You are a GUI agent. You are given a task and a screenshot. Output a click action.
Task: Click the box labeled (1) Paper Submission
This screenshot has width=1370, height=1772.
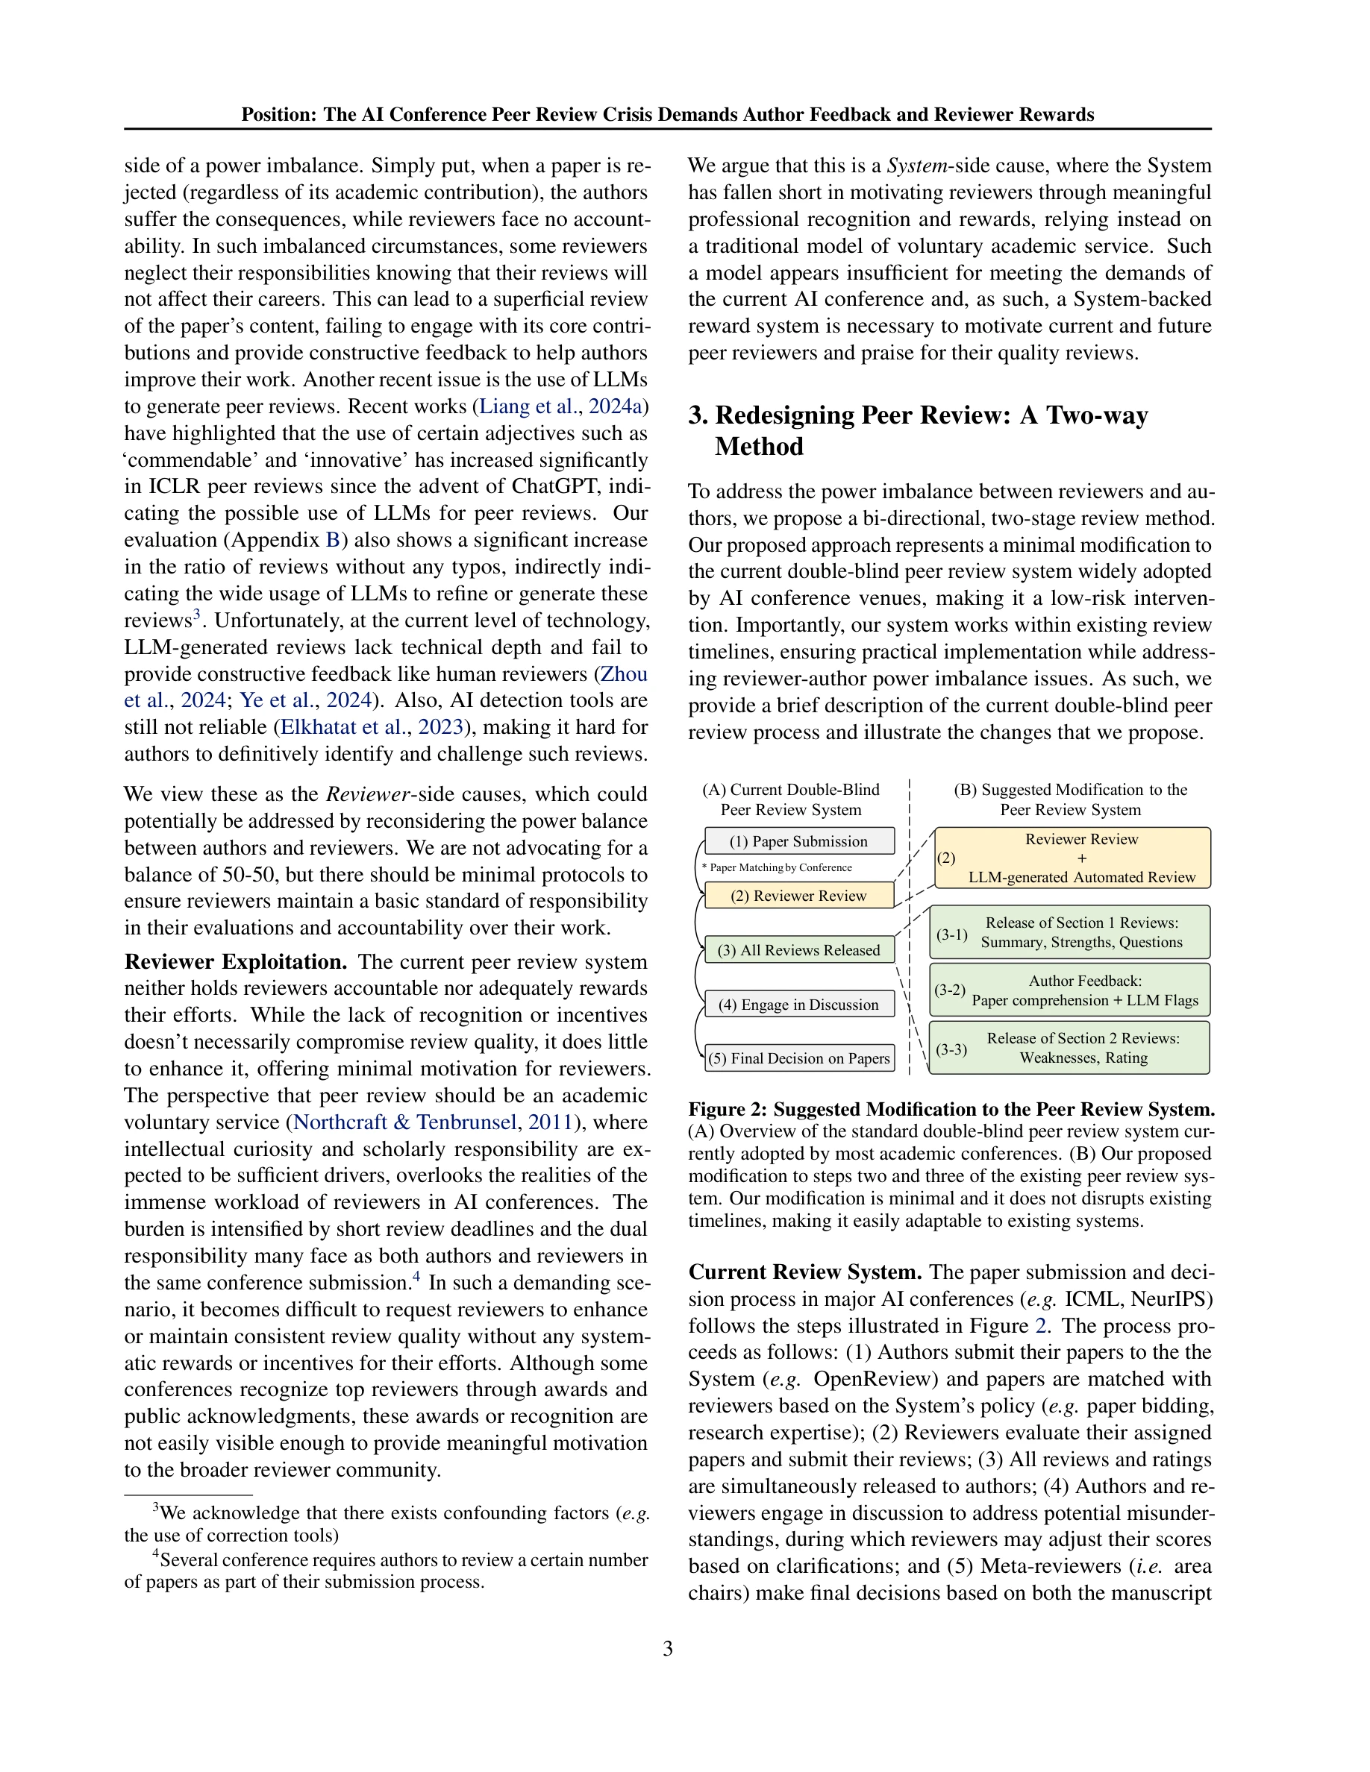pyautogui.click(x=798, y=841)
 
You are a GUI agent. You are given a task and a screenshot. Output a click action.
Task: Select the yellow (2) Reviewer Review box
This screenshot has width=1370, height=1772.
pyautogui.click(x=798, y=896)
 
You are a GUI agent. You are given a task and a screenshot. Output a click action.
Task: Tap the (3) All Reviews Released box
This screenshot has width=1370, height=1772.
pyautogui.click(x=798, y=950)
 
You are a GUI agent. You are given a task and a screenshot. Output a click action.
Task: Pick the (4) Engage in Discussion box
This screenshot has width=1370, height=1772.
pyautogui.click(x=798, y=1005)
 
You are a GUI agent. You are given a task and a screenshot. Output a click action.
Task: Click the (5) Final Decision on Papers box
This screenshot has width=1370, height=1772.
pyautogui.click(x=798, y=1058)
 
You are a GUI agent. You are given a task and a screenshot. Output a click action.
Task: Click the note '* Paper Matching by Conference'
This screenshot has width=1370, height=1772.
pyautogui.click(x=777, y=867)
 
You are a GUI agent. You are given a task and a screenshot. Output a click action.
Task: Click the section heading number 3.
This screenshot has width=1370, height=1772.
pyautogui.click(x=698, y=415)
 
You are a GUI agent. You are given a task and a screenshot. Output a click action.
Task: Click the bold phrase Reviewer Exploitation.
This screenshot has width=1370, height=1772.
pyautogui.click(x=235, y=962)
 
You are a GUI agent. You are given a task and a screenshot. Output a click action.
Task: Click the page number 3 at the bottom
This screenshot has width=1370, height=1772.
pyautogui.click(x=667, y=1649)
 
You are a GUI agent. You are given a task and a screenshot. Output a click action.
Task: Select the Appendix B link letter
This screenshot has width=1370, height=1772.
pyautogui.click(x=333, y=541)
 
